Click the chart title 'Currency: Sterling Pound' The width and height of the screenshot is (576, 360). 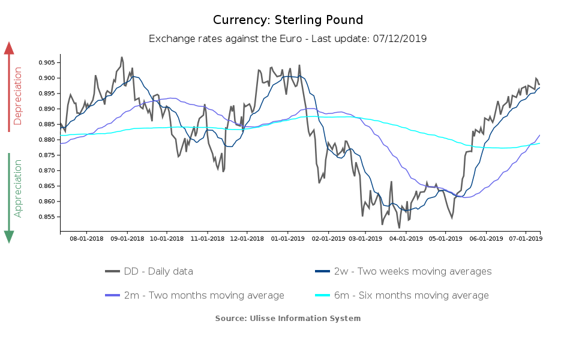pyautogui.click(x=288, y=20)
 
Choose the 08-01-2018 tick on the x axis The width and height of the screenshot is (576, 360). pyautogui.click(x=86, y=238)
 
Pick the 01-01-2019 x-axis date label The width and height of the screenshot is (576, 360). pyautogui.click(x=287, y=238)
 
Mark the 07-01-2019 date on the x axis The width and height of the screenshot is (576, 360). pyautogui.click(x=526, y=238)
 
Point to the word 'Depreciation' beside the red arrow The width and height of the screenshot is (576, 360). pyautogui.click(x=18, y=96)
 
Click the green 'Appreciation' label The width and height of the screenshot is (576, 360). pyautogui.click(x=18, y=188)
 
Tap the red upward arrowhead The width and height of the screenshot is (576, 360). pyautogui.click(x=9, y=48)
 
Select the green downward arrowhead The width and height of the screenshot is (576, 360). pyautogui.click(x=9, y=236)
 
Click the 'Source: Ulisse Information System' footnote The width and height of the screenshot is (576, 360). pyautogui.click(x=288, y=318)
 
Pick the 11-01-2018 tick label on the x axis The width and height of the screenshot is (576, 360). pyautogui.click(x=207, y=238)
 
